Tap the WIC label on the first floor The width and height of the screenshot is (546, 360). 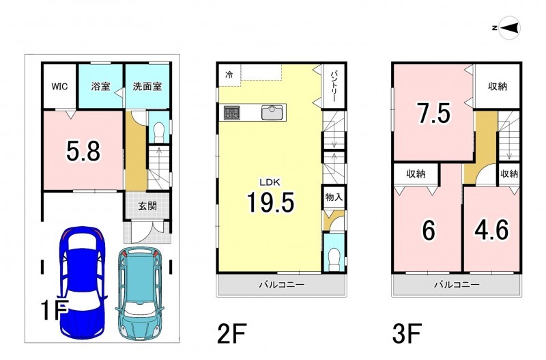[x=59, y=86]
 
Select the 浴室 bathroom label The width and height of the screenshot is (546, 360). [x=100, y=86]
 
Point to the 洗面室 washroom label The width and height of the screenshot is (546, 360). [x=147, y=86]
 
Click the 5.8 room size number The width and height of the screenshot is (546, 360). [x=83, y=152]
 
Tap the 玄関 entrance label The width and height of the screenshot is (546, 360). [x=147, y=206]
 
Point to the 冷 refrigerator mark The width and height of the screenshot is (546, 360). [x=229, y=74]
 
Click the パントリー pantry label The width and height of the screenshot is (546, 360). [x=333, y=86]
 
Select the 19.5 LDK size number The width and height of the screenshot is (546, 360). [x=270, y=202]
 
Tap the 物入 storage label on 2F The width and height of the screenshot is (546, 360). [x=334, y=197]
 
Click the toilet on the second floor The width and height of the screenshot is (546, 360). [x=334, y=258]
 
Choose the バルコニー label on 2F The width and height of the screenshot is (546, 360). [x=281, y=285]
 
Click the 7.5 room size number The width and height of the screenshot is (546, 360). [x=434, y=113]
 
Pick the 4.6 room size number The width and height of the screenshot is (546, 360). [x=492, y=229]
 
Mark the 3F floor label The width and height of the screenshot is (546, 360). [x=407, y=333]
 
